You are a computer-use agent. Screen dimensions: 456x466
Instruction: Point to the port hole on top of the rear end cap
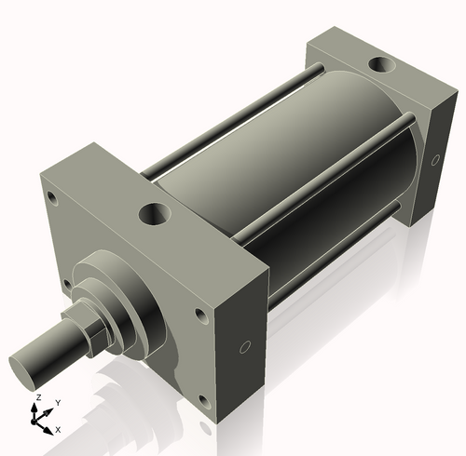380,65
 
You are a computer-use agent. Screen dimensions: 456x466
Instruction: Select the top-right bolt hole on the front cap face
201,316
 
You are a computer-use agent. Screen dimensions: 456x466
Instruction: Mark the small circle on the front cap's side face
244,348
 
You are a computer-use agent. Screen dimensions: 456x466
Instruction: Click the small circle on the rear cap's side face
435,160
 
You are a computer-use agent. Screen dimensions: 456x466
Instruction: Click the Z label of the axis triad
37,397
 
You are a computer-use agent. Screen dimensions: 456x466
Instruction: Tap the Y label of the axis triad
57,402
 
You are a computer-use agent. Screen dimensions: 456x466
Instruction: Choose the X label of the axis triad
58,430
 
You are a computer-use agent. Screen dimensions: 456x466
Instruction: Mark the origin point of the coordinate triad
38,421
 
